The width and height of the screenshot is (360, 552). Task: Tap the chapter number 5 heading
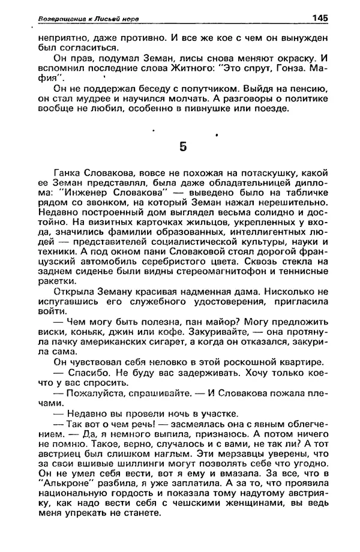(184, 146)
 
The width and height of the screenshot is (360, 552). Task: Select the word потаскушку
(271, 170)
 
